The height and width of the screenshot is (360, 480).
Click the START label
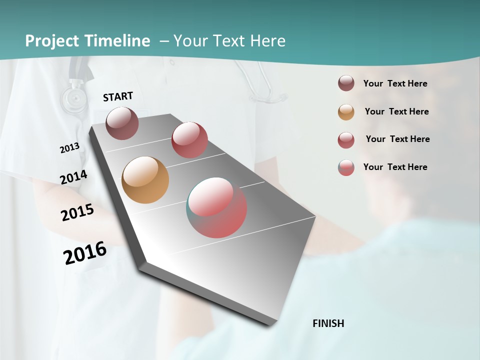tap(118, 96)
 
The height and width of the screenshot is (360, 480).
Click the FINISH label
tap(328, 323)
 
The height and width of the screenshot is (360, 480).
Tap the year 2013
tap(70, 148)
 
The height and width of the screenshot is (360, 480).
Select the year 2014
tap(73, 177)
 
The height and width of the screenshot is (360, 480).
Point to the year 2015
tap(77, 212)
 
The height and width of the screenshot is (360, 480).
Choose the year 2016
tap(85, 253)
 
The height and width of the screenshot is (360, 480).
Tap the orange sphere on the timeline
tap(145, 180)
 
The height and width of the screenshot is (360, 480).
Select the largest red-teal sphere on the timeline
tap(216, 207)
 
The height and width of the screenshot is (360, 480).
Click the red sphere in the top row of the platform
tap(189, 139)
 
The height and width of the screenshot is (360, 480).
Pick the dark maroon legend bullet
tap(346, 83)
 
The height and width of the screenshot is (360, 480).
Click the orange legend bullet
tap(346, 112)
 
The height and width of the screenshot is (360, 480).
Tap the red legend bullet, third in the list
tap(346, 140)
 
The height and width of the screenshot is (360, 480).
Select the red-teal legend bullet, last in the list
tap(346, 167)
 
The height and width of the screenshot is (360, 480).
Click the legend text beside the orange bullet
tap(396, 111)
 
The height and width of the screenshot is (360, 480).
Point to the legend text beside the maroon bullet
tap(395, 83)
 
